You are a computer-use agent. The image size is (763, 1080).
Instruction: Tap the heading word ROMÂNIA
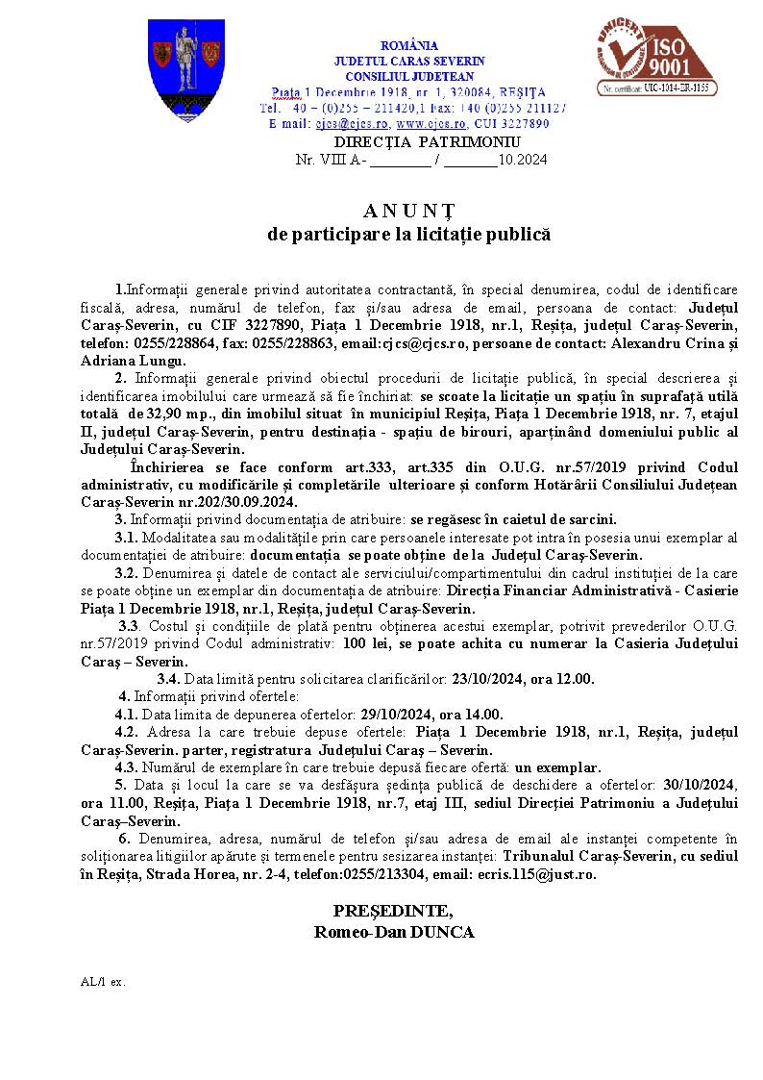409,45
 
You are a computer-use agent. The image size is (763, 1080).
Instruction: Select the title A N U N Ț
408,211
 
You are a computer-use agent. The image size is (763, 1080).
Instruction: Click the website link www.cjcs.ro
431,124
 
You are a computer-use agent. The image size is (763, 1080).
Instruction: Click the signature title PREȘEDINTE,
393,911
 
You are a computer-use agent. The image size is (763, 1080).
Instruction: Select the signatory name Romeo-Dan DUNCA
394,931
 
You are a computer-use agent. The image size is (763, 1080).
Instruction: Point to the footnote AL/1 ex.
103,982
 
